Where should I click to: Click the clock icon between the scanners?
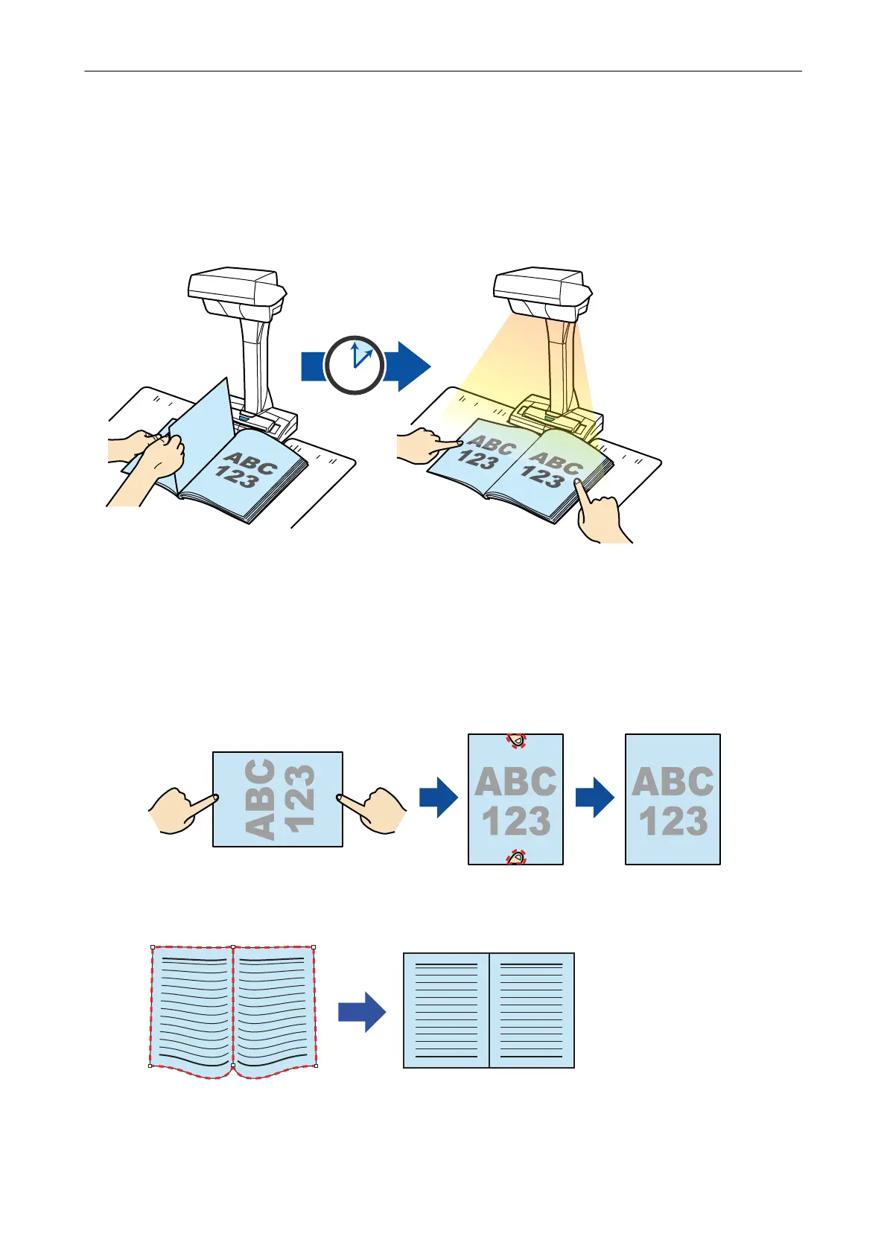[355, 365]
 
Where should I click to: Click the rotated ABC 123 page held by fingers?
[278, 799]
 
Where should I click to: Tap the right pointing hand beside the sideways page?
[374, 809]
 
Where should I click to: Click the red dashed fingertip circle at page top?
[516, 740]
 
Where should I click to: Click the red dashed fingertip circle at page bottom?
[516, 858]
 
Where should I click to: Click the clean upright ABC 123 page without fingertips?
[673, 799]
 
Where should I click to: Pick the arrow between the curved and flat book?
[362, 1012]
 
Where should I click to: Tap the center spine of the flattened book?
[489, 1010]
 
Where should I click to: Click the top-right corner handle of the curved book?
[314, 947]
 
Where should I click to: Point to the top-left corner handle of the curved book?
[152, 947]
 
